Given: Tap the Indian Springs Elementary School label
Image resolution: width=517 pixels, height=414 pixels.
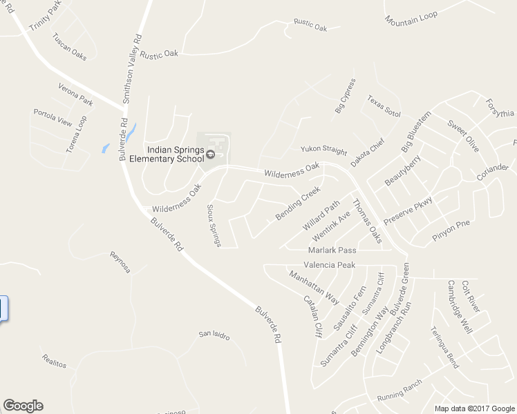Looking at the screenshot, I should tap(174, 155).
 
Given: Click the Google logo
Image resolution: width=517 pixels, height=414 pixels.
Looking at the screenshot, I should tap(23, 405).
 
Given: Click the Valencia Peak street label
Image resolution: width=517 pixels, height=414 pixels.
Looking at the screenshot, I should tap(329, 265).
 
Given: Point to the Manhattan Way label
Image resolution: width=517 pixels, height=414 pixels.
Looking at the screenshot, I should tap(314, 286).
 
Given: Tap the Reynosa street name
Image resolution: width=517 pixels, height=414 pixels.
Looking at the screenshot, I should tap(120, 262).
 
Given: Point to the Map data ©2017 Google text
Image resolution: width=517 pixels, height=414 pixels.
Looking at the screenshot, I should tap(473, 408).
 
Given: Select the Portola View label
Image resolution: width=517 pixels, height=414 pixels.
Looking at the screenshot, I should tap(53, 118).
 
